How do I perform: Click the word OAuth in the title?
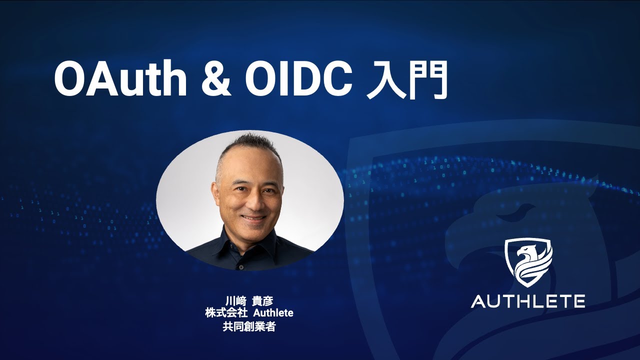click(120, 80)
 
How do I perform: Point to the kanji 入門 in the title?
click(405, 80)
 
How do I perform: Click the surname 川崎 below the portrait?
click(234, 301)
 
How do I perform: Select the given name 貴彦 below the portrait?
click(263, 301)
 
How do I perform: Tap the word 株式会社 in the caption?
click(225, 313)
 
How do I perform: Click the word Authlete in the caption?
click(273, 313)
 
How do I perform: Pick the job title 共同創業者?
click(249, 327)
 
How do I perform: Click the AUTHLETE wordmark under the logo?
click(528, 301)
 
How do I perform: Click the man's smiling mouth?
click(253, 218)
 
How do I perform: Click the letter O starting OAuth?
click(70, 80)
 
